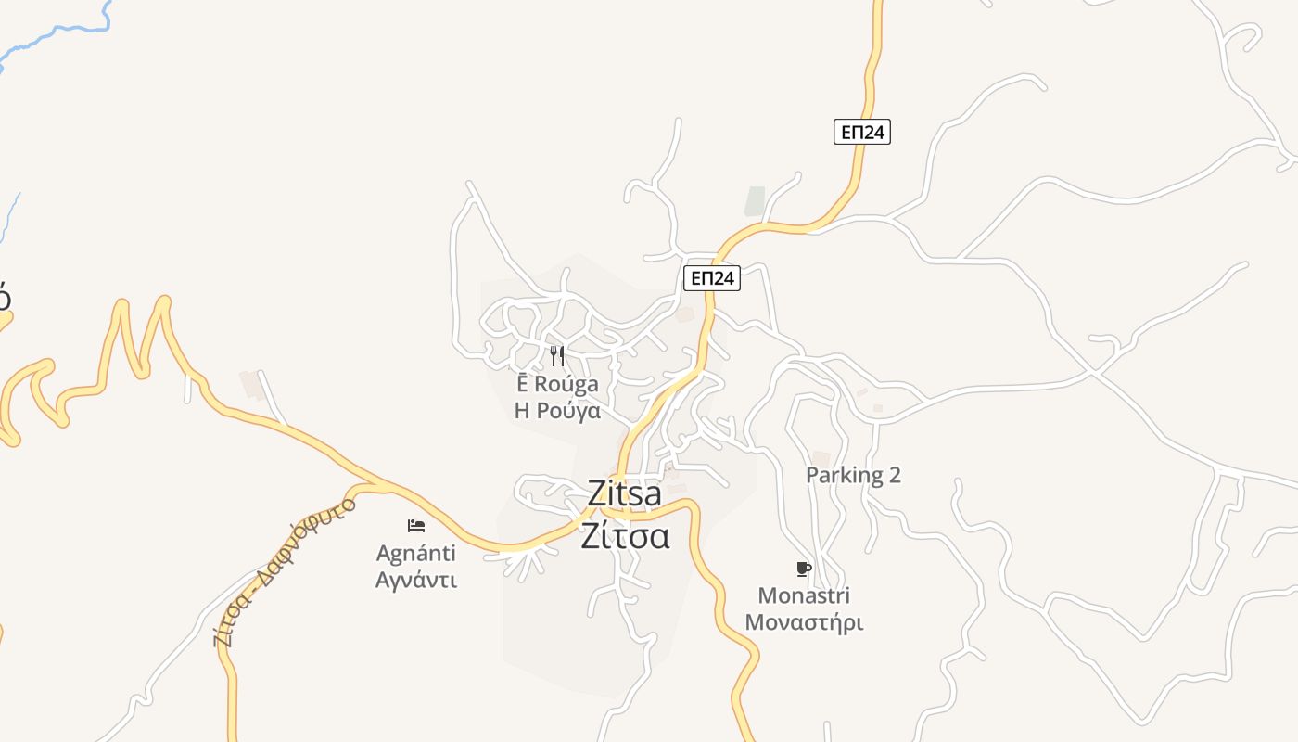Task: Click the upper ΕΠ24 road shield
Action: pos(861,133)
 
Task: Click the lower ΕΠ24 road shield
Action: pos(712,277)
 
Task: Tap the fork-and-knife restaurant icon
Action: pos(557,356)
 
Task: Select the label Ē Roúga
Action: pos(557,384)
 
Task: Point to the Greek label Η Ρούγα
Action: pos(557,411)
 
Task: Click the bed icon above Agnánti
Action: pos(416,526)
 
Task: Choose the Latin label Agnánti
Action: pos(416,554)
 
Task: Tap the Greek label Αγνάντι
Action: pos(416,581)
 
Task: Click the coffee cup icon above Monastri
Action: pos(804,569)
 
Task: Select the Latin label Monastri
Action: pos(804,595)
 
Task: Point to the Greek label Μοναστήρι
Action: pos(804,622)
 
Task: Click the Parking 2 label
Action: pos(853,475)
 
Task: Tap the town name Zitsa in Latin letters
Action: pos(625,494)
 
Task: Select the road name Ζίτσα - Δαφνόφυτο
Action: pos(284,573)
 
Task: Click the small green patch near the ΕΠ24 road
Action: pos(756,201)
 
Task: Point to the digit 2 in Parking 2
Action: pos(894,475)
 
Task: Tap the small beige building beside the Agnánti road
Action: pos(251,384)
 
